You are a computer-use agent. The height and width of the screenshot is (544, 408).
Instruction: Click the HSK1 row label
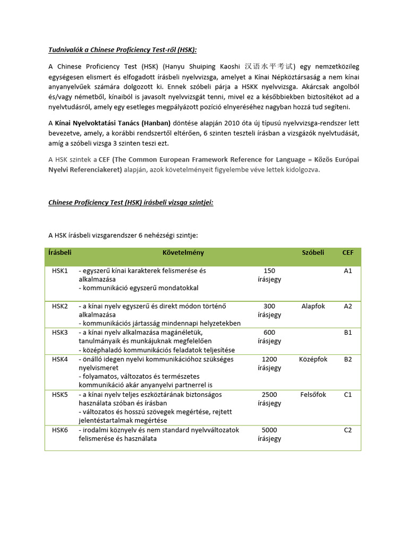[60, 271]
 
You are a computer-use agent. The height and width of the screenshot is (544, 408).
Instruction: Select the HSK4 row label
[60, 359]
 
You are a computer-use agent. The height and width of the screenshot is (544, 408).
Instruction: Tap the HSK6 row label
[60, 430]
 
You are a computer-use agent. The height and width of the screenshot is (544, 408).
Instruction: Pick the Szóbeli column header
[313, 253]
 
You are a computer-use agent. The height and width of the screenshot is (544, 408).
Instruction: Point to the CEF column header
[348, 253]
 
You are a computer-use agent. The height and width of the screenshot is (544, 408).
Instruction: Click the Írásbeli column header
[59, 253]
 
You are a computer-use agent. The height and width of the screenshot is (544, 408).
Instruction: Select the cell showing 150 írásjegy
[269, 275]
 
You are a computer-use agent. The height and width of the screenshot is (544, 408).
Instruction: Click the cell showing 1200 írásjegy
[269, 363]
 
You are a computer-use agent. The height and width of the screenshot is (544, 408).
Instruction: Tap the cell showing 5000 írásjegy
[269, 434]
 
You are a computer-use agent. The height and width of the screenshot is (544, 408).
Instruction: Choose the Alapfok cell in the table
[313, 307]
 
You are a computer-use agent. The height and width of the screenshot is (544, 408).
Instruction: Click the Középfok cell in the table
[313, 359]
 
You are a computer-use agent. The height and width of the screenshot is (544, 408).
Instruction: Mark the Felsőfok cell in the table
[313, 395]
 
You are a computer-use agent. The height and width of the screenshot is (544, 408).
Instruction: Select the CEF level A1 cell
[348, 271]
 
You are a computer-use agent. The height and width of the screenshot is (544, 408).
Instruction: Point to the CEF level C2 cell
[348, 430]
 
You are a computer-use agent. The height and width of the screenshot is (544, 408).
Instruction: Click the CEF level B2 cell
[348, 359]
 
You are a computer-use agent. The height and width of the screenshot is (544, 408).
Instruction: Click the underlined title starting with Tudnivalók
[122, 50]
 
